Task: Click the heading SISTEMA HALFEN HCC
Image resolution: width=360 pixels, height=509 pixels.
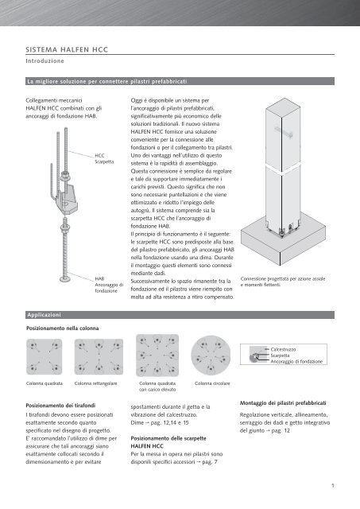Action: [67, 49]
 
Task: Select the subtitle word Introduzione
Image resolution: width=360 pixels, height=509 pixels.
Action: [45, 60]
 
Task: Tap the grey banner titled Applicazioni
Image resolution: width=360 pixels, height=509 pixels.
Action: [180, 315]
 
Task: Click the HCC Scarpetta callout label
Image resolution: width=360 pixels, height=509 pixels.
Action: [104, 159]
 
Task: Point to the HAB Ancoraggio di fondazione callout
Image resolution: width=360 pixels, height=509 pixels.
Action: [109, 285]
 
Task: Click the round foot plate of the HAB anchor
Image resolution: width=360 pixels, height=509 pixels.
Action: [66, 279]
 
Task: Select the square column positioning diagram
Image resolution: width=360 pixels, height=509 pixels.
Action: [45, 357]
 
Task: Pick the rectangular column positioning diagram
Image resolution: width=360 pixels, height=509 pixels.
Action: [99, 357]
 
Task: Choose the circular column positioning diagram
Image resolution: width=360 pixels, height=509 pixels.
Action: [211, 356]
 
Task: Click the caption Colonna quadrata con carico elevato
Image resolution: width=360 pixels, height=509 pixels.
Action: [157, 387]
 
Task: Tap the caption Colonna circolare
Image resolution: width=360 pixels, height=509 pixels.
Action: [212, 383]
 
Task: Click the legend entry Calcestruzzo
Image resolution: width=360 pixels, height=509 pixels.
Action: [283, 349]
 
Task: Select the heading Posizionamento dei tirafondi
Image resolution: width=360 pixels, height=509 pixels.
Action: [60, 406]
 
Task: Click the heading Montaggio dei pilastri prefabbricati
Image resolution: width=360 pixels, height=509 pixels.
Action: [283, 403]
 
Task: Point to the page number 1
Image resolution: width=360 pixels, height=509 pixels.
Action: [332, 486]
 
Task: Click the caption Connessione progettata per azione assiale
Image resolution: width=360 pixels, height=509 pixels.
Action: [283, 279]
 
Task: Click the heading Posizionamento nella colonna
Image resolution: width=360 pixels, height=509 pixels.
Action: [62, 328]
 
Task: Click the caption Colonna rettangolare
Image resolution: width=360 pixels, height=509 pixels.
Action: [95, 383]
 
